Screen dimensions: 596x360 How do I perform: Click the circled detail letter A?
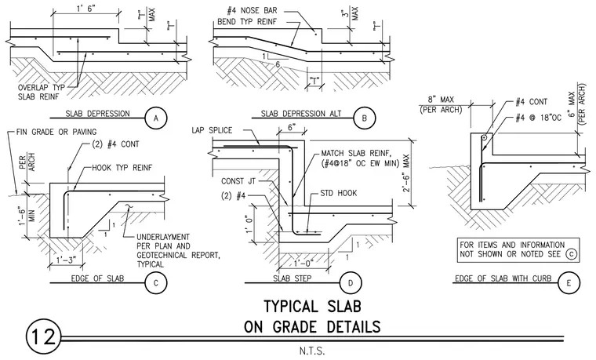156,118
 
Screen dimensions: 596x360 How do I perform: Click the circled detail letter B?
364,118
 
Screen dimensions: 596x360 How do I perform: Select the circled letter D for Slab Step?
350,283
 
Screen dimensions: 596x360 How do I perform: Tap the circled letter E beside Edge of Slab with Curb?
569,283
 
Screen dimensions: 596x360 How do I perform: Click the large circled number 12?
43,337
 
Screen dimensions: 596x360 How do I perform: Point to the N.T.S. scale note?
312,351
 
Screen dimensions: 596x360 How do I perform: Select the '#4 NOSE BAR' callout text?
253,11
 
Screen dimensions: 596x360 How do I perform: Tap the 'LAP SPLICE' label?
212,130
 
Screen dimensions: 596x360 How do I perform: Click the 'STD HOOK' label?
339,193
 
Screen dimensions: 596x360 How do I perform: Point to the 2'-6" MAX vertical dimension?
407,173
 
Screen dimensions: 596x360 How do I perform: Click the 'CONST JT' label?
238,181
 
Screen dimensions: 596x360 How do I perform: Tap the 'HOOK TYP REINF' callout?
122,168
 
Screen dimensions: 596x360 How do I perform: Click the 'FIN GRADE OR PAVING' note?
56,132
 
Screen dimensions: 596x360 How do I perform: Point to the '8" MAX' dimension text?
441,100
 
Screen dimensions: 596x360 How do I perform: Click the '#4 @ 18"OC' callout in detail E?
538,118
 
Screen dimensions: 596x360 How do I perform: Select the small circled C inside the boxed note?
571,254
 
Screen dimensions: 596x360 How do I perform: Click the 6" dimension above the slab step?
292,127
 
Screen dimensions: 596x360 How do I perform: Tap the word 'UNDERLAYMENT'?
163,237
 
